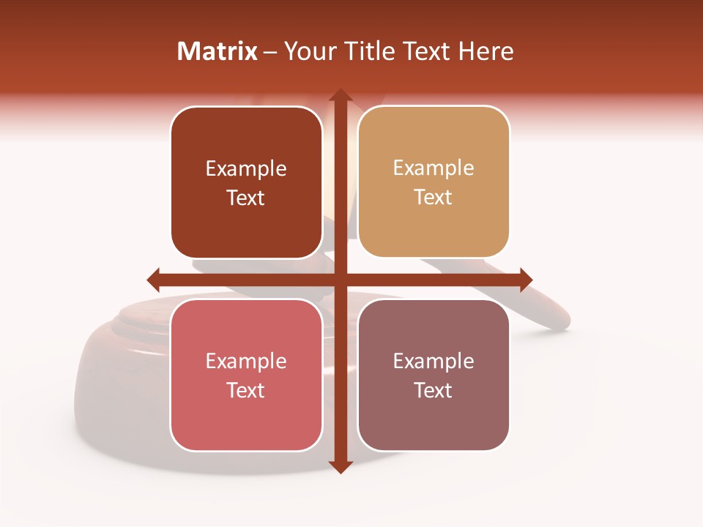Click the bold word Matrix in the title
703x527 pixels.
[217, 51]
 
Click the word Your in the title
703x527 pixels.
[308, 51]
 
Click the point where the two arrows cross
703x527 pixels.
[340, 280]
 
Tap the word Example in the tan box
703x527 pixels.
[434, 168]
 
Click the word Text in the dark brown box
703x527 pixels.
[246, 198]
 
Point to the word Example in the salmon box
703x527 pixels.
[246, 361]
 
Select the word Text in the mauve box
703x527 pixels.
[434, 390]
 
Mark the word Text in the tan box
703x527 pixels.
[434, 198]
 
